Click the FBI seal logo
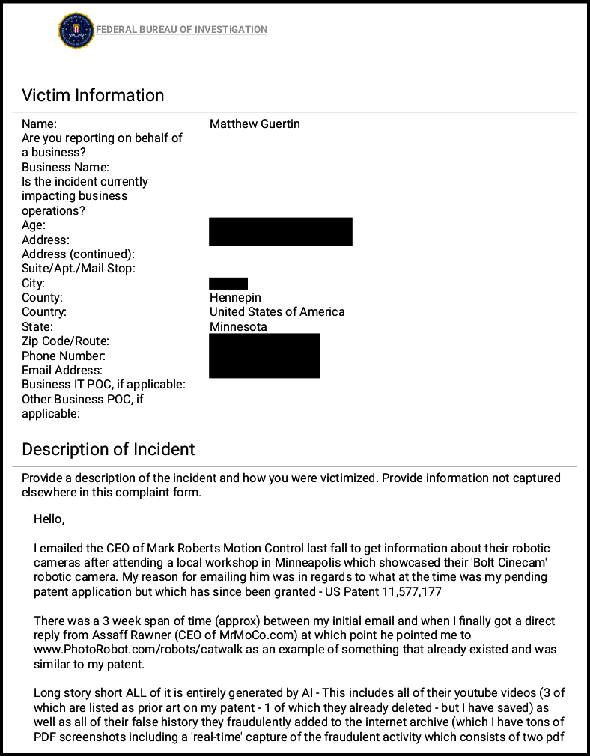tap(76, 30)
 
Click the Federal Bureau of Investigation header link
tap(181, 30)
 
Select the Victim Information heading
tap(93, 95)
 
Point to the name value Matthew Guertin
tap(255, 124)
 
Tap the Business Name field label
tap(65, 167)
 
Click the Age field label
tap(34, 225)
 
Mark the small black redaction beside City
tap(228, 283)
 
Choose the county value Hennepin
tap(235, 297)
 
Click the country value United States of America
tap(277, 311)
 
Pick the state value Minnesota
tap(238, 326)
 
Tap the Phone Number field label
tap(64, 356)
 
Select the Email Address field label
tap(62, 370)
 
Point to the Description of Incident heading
tap(109, 449)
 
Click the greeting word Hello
tap(49, 519)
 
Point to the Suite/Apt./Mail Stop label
tap(79, 268)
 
